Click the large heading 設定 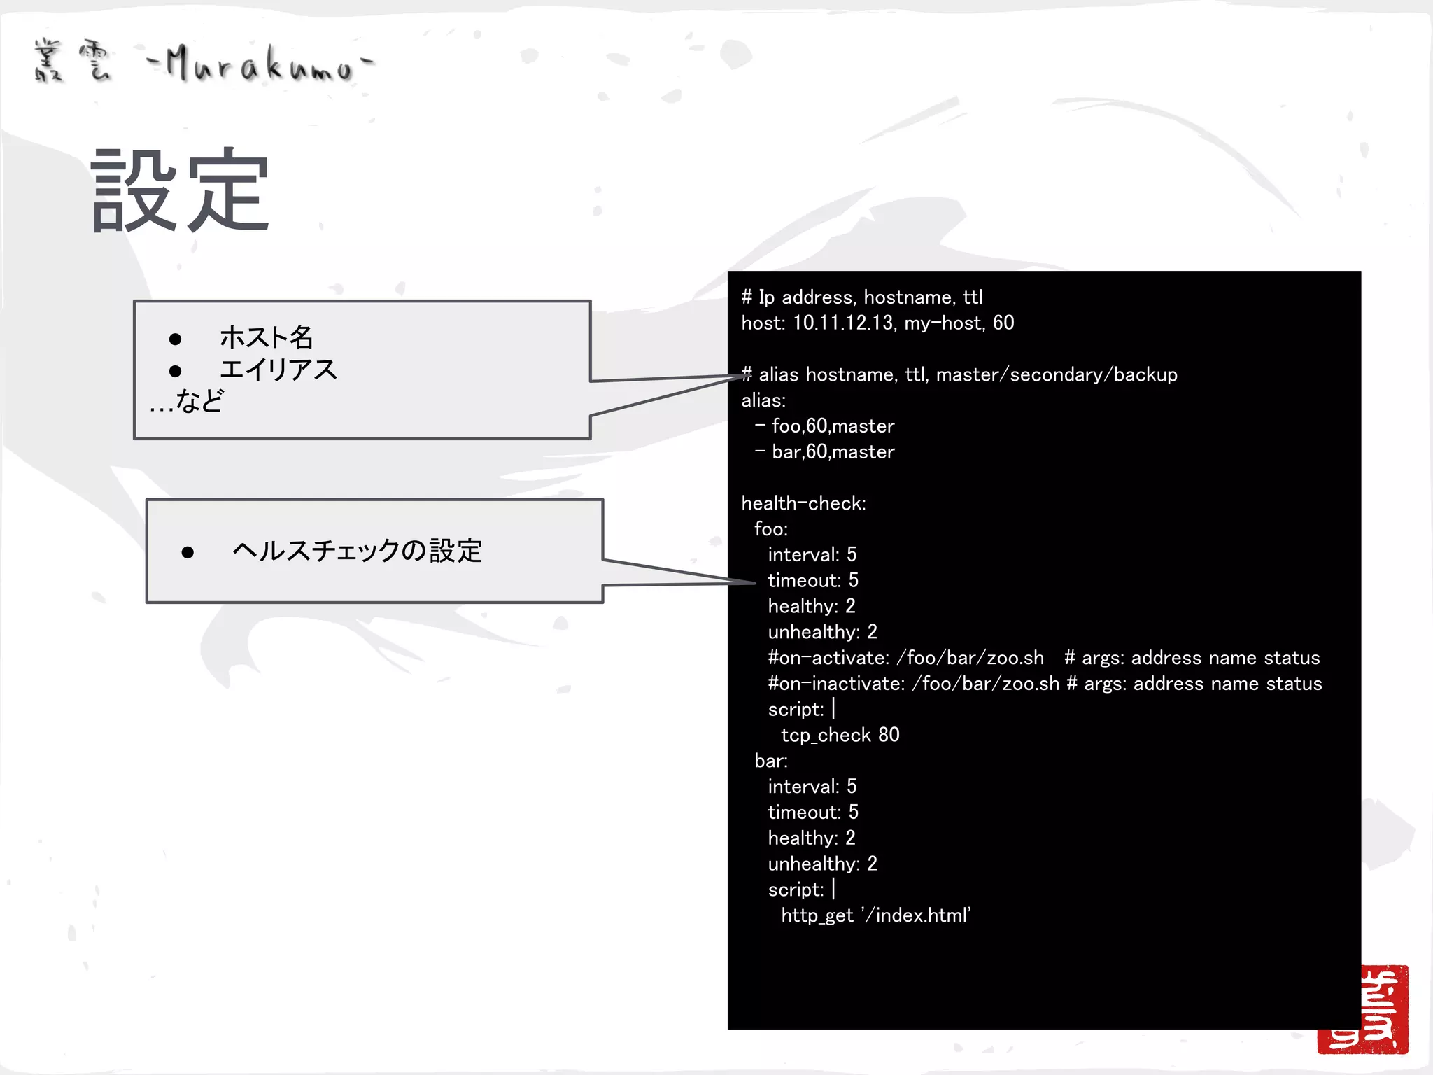[x=181, y=190]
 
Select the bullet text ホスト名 [x=266, y=337]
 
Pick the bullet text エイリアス [x=278, y=370]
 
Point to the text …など [x=186, y=402]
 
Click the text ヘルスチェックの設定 [x=357, y=551]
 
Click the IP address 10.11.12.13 [x=842, y=323]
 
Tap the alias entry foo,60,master [x=833, y=426]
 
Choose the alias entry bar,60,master [x=833, y=451]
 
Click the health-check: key [x=803, y=503]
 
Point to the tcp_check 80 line [x=840, y=735]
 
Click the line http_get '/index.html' [x=875, y=915]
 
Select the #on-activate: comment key [x=828, y=658]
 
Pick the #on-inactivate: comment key [x=836, y=684]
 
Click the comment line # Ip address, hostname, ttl [x=862, y=297]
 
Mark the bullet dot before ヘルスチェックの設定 [x=188, y=552]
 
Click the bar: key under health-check [x=770, y=761]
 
